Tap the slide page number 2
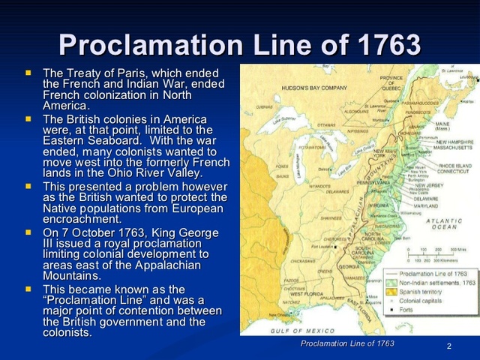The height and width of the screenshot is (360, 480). click(x=448, y=346)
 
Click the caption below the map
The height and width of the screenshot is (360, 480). click(x=347, y=343)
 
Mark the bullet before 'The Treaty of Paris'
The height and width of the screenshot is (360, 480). click(x=28, y=73)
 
